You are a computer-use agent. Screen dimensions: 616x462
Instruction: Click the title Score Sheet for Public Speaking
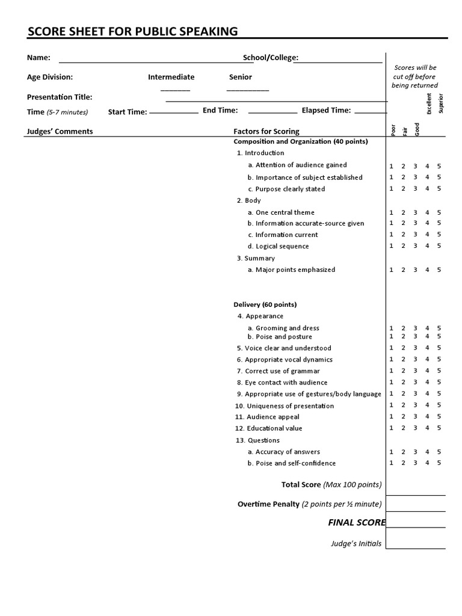(132, 31)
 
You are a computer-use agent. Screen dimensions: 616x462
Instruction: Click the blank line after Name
(147, 61)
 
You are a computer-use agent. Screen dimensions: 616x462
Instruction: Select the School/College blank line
(337, 61)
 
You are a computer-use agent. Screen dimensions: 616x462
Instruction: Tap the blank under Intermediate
(175, 89)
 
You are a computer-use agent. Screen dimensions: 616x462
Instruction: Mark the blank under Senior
(248, 89)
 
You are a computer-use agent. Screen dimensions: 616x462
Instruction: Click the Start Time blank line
(173, 112)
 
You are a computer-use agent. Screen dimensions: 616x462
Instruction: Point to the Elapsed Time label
(325, 110)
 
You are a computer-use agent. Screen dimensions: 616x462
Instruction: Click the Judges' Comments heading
(60, 131)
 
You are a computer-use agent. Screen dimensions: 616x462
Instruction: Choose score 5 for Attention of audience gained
(439, 165)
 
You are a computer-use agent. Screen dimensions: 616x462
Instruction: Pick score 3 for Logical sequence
(415, 245)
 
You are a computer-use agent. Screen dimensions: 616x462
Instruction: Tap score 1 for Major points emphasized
(391, 269)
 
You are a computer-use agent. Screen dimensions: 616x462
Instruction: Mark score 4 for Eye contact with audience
(427, 382)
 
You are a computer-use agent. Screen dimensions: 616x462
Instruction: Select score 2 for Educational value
(404, 428)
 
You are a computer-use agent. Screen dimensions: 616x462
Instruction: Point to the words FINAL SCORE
(356, 522)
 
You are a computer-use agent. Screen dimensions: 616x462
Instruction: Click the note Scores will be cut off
(414, 76)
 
